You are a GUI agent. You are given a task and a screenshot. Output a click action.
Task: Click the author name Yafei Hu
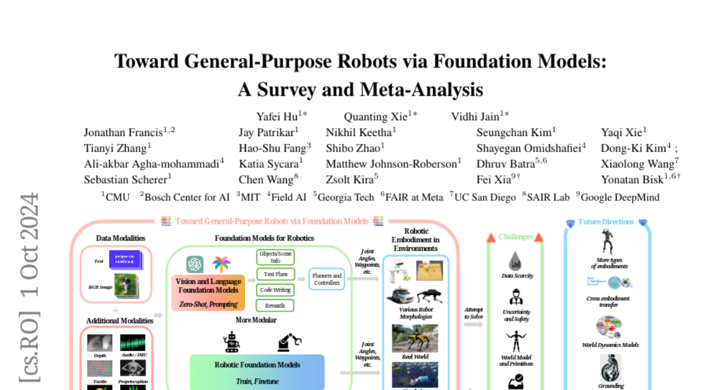click(x=278, y=117)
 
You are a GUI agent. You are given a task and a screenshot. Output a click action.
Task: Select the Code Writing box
click(x=275, y=290)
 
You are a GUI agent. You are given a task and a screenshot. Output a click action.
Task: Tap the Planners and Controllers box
click(x=327, y=279)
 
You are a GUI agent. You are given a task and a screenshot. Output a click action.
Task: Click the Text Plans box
click(x=275, y=274)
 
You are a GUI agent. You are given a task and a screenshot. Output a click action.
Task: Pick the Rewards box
click(x=275, y=305)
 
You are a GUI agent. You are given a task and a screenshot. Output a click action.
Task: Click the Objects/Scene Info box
click(x=275, y=257)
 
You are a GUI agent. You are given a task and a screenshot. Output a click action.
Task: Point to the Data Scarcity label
click(x=517, y=276)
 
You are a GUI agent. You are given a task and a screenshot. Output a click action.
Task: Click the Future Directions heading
click(x=606, y=222)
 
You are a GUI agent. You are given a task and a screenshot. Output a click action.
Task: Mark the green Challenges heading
click(x=515, y=237)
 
